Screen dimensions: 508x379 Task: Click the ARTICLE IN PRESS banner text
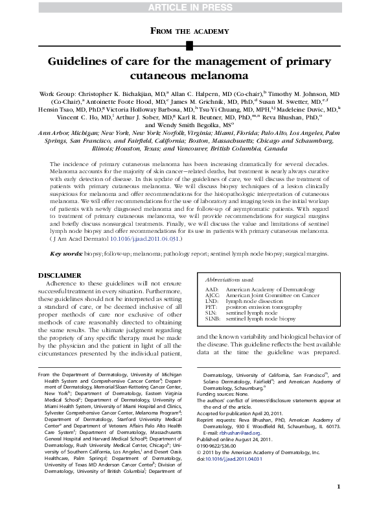(189, 6)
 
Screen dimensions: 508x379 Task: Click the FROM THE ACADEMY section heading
(189, 30)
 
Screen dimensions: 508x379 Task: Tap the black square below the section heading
(189, 45)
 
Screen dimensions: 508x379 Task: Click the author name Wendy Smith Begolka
(192, 124)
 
